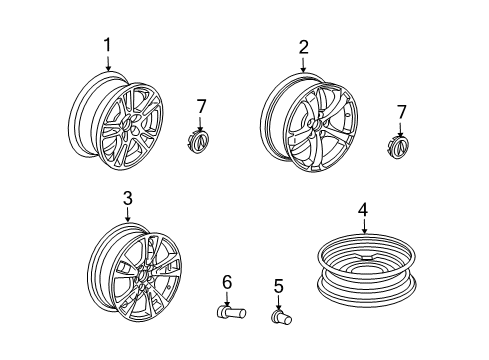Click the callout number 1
point(107,45)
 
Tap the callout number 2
point(303,47)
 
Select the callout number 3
point(128,198)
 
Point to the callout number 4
point(363,210)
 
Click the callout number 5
point(278,287)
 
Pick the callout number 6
point(227,282)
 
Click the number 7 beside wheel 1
point(201,107)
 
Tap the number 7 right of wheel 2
point(401,112)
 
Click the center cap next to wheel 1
point(199,142)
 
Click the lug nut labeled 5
point(282,317)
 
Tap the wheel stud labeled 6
point(231,312)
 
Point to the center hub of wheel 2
point(316,124)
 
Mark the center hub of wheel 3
point(142,275)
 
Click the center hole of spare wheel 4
point(367,258)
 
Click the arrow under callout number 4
point(364,226)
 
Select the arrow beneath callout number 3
point(127,214)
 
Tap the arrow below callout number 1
point(108,62)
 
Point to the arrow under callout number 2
point(303,64)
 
